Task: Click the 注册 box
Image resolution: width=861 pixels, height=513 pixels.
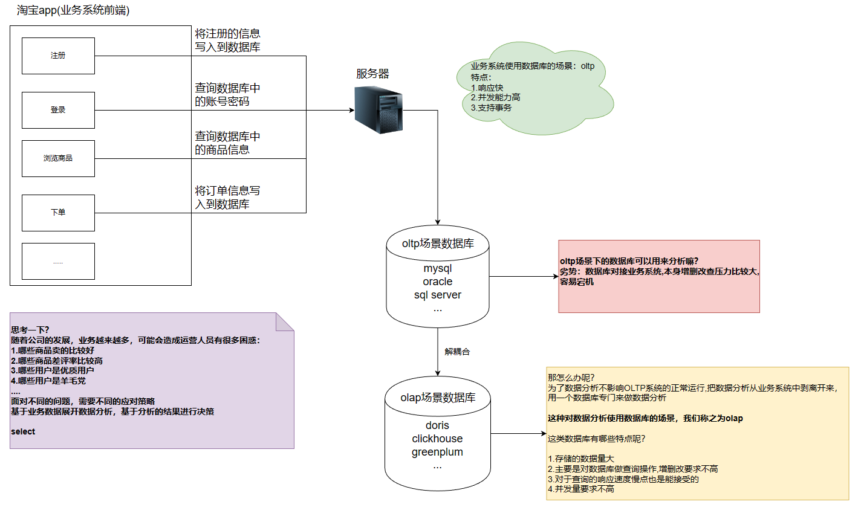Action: click(x=58, y=56)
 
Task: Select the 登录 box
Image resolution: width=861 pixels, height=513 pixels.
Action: click(x=58, y=110)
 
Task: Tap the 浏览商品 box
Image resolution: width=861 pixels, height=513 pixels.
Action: click(x=58, y=158)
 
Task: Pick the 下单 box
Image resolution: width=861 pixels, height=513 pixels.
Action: click(x=58, y=213)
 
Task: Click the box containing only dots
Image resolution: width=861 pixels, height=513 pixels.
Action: click(x=58, y=261)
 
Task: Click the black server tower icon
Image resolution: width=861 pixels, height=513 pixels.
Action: click(x=379, y=110)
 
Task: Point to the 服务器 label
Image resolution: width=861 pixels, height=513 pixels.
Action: click(x=372, y=74)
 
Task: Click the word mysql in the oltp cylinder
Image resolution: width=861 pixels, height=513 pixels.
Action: click(x=437, y=268)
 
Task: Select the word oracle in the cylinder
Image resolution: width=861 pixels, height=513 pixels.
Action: click(x=437, y=282)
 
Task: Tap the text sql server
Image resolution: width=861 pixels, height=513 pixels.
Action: click(x=437, y=295)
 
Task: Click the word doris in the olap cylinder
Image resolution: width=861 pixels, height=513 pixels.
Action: click(x=437, y=425)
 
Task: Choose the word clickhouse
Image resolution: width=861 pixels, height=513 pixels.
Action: click(x=437, y=439)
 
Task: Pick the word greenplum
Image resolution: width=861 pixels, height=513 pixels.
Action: click(x=437, y=453)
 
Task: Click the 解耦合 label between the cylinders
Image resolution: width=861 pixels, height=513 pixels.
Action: click(x=457, y=352)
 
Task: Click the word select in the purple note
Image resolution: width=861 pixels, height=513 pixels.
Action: click(x=23, y=431)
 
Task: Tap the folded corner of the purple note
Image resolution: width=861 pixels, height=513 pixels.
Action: click(x=284, y=322)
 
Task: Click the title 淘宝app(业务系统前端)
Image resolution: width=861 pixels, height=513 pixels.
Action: click(x=73, y=10)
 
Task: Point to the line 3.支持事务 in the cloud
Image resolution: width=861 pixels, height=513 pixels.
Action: click(x=491, y=108)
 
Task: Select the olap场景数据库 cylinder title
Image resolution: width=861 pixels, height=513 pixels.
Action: click(x=438, y=398)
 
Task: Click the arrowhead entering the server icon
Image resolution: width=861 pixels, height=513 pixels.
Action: click(x=352, y=110)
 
